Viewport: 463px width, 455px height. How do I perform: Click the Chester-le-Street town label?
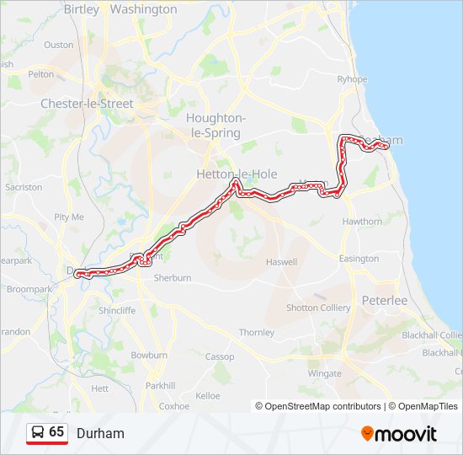click(87, 104)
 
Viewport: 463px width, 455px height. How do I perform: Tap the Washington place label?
click(144, 10)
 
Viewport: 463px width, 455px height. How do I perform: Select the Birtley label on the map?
click(81, 10)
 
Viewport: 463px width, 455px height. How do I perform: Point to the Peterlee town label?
click(384, 300)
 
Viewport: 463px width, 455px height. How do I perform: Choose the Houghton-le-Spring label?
click(216, 126)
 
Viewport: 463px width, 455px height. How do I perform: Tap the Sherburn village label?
click(173, 277)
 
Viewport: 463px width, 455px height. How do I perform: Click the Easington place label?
click(359, 259)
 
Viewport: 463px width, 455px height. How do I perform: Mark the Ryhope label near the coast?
click(353, 79)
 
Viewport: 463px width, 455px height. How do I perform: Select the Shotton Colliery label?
click(318, 308)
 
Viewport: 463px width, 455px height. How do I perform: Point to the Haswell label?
click(282, 262)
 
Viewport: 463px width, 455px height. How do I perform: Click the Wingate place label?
click(325, 372)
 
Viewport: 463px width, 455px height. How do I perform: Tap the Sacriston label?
click(24, 187)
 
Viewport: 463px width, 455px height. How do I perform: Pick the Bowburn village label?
click(149, 356)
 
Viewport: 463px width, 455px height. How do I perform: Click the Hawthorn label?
click(362, 222)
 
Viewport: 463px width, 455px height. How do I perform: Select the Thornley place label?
click(257, 333)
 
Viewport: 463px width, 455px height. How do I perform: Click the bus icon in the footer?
click(38, 432)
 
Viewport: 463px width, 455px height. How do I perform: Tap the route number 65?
click(56, 431)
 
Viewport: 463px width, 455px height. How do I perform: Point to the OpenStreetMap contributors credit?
click(317, 406)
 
